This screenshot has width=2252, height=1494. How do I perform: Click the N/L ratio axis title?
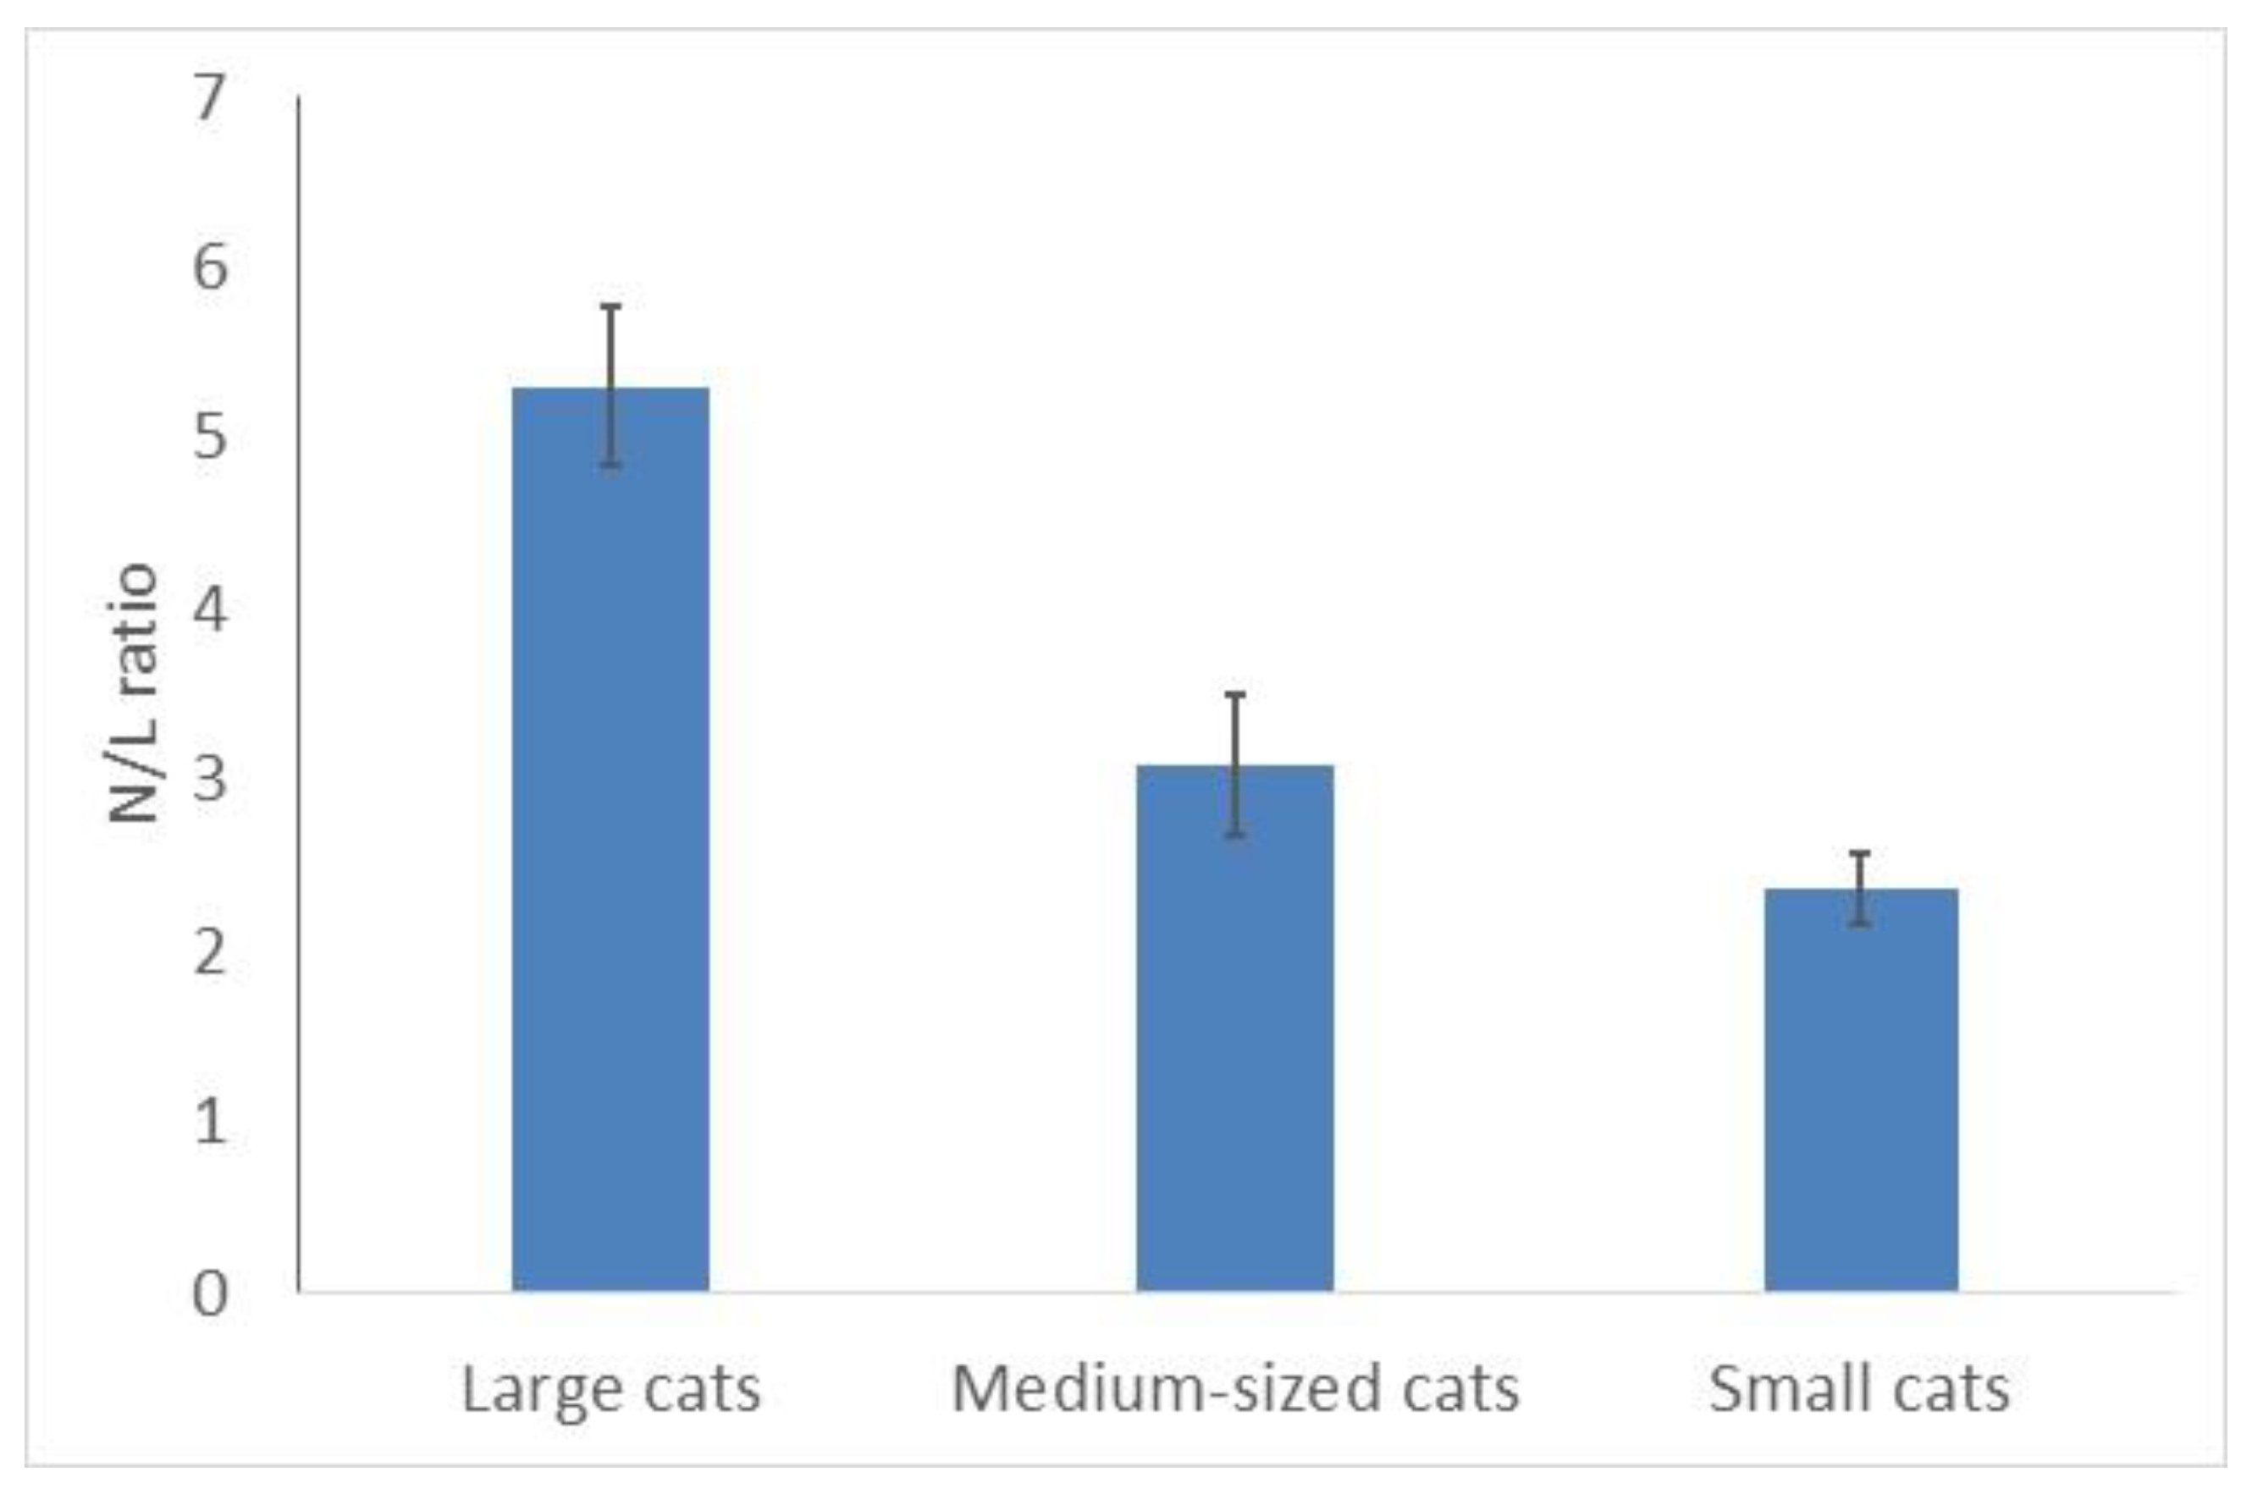pyautogui.click(x=134, y=692)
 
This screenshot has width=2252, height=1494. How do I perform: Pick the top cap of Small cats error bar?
pyautogui.click(x=1860, y=852)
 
